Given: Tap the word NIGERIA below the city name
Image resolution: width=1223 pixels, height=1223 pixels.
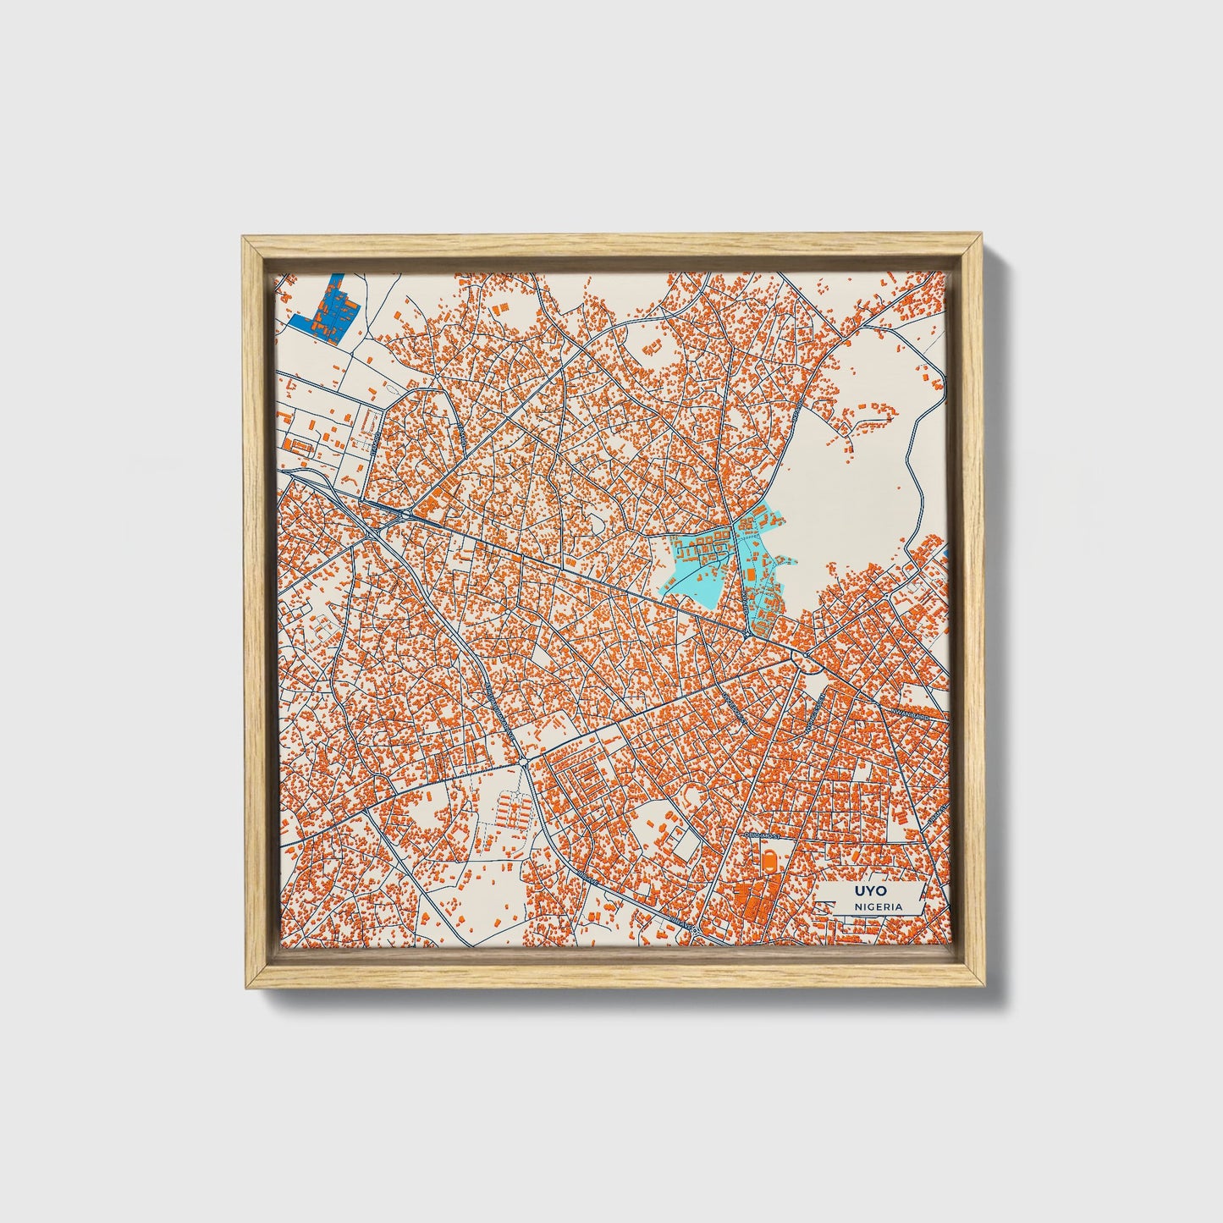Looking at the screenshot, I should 877,906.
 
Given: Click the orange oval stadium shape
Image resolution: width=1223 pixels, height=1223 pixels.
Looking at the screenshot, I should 769,858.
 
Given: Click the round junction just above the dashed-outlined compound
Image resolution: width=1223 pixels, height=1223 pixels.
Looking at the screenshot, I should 525,763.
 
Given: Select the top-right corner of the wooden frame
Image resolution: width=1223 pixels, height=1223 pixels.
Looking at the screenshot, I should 981,239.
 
